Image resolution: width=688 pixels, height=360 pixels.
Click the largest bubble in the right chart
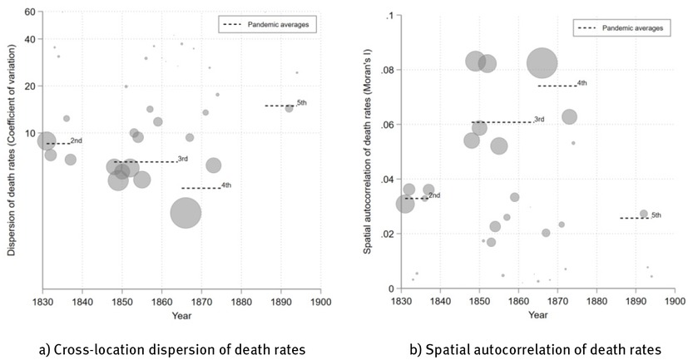542,62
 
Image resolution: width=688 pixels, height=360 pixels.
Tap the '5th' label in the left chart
301,102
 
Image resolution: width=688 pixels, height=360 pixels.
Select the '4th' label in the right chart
582,83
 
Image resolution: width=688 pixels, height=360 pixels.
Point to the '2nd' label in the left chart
76,141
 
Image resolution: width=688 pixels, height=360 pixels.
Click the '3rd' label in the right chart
538,120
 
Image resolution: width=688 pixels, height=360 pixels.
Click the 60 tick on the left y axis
30,12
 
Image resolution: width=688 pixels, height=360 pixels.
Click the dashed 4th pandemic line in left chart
200,188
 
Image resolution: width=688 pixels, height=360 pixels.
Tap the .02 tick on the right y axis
387,234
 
